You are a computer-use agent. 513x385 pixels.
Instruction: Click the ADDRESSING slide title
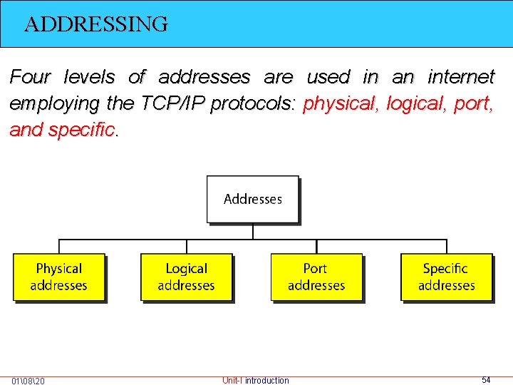pos(96,24)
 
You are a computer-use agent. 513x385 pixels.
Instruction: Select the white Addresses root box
pos(253,199)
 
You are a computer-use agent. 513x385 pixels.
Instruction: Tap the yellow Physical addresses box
pos(59,277)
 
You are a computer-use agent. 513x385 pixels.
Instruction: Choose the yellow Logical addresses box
pos(187,277)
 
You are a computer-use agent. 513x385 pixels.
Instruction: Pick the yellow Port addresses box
pos(316,277)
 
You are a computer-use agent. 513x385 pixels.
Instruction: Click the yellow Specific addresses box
pos(446,277)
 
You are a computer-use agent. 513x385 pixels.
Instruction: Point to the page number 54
pos(486,380)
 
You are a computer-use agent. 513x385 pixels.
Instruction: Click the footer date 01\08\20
pos(28,381)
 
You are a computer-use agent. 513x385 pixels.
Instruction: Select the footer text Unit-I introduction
pos(256,381)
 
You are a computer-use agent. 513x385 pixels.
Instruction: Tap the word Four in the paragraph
pos(31,77)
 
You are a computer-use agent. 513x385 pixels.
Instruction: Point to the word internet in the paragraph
pos(460,77)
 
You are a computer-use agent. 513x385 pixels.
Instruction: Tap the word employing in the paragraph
pos(54,103)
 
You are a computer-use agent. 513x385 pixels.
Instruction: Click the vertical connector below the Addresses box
pos(253,231)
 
